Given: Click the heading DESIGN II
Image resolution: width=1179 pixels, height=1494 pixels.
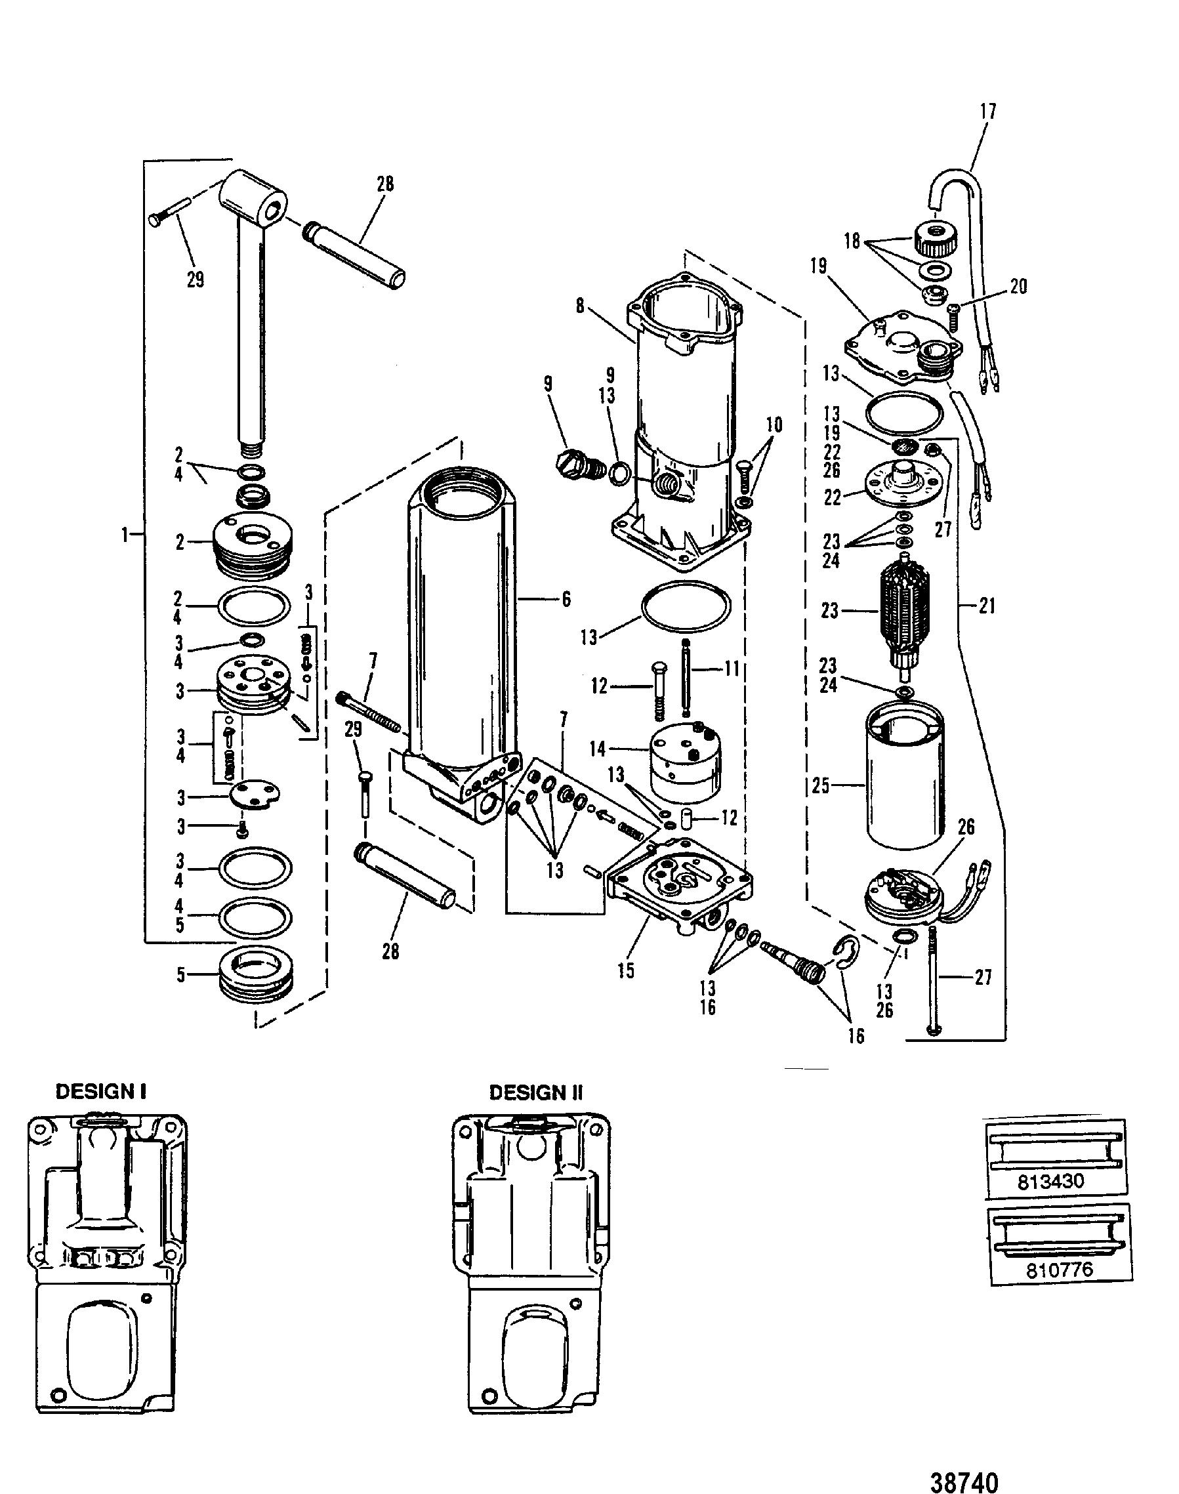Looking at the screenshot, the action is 536,1092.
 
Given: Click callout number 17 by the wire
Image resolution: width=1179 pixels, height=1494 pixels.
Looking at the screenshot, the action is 989,112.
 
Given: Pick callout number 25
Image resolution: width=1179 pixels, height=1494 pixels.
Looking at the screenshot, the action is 820,785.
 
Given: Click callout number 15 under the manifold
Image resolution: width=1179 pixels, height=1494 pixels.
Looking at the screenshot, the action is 625,970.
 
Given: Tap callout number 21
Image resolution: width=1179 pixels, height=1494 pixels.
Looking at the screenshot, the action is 988,606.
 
